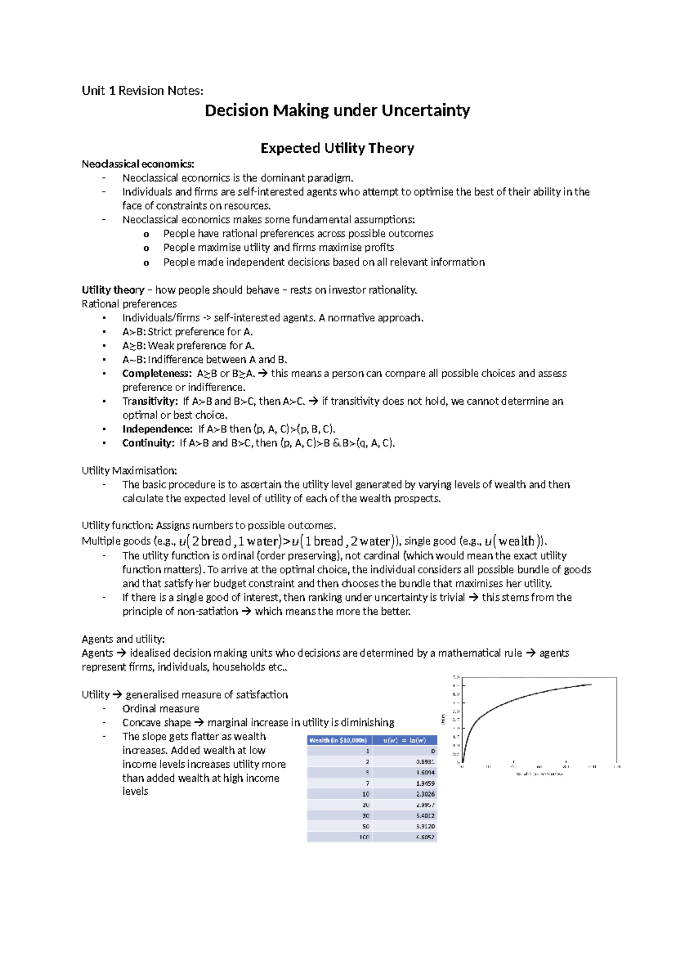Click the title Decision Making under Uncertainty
[337, 110]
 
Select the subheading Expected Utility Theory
[337, 148]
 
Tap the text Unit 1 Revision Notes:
[142, 91]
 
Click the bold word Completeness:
[157, 374]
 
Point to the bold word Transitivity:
[150, 401]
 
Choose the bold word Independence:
[157, 429]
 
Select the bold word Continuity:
[148, 443]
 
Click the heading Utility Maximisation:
[129, 471]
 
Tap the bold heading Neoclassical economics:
[137, 164]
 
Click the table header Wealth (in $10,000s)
[339, 740]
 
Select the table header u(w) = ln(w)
[404, 740]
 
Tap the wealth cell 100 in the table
[364, 837]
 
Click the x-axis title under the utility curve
[539, 774]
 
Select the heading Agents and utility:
[123, 639]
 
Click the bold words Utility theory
[113, 290]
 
